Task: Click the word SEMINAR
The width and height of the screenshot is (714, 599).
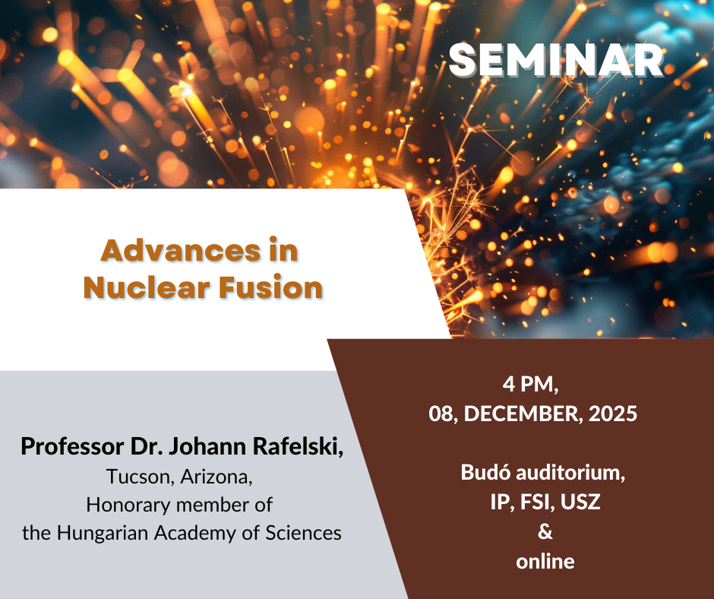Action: pos(556,60)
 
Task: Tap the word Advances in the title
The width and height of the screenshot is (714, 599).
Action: pos(181,250)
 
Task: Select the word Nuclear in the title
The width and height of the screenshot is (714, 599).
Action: pos(147,287)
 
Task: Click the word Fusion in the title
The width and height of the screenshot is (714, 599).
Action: pos(271,287)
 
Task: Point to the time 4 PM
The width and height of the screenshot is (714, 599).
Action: pos(530,385)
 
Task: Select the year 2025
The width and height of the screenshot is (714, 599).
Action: pos(613,414)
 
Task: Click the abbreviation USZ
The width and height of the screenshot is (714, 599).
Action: pos(580,502)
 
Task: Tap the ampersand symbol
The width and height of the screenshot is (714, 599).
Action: pos(545,531)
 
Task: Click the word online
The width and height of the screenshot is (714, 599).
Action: pos(545,561)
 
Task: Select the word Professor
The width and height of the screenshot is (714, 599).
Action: pos(72,446)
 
